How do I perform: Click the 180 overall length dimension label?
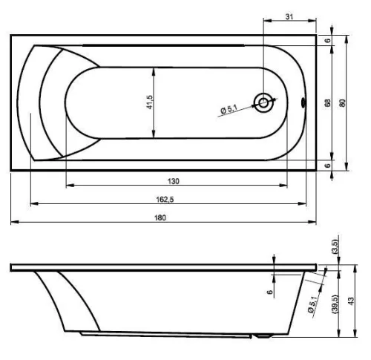pos(160,217)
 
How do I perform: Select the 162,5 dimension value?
pos(165,199)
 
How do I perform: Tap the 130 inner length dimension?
pos(174,181)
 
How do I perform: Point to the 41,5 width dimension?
pos(150,102)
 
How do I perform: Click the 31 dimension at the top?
pos(289,16)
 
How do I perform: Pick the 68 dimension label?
pos(327,103)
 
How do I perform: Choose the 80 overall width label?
pos(342,103)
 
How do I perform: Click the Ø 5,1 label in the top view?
pos(229,109)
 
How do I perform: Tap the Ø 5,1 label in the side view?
pos(312,304)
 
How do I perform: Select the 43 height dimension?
pos(351,301)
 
